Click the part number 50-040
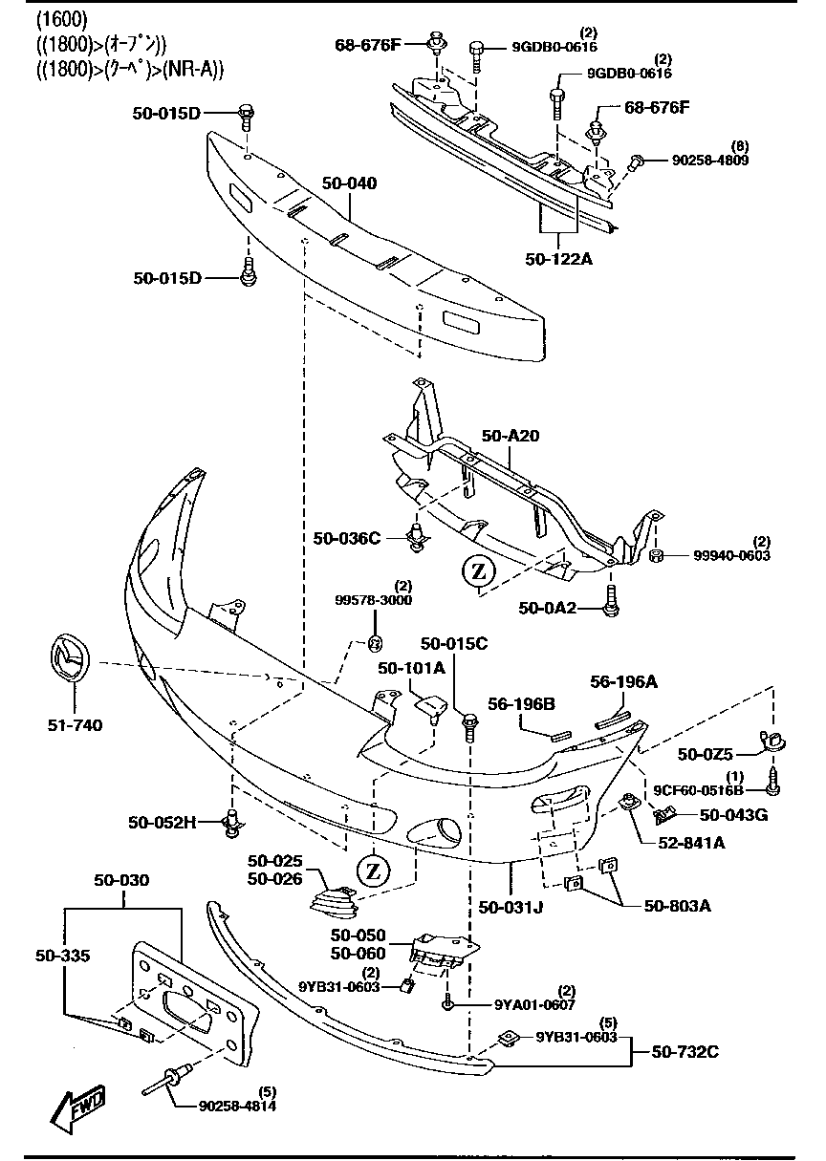click(349, 182)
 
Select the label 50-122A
click(559, 258)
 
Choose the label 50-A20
click(511, 436)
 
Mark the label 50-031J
click(511, 906)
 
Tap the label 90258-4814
click(237, 1107)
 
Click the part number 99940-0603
click(731, 555)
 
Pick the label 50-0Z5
click(707, 754)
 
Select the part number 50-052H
click(163, 821)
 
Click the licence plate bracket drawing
click(196, 1003)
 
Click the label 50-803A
click(677, 905)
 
